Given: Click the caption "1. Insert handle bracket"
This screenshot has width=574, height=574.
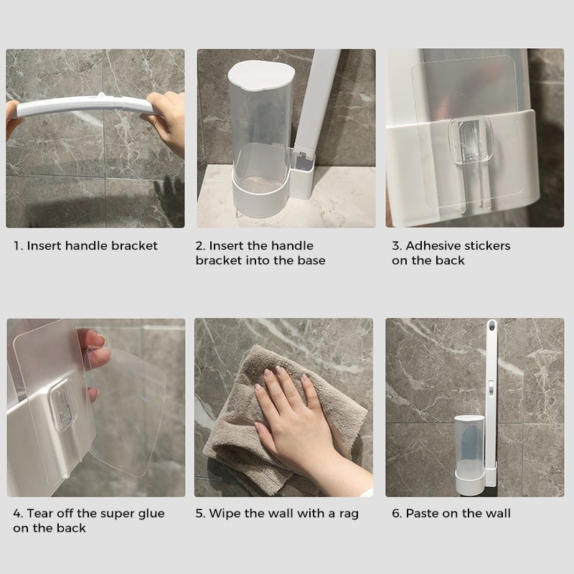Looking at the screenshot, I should [x=85, y=246].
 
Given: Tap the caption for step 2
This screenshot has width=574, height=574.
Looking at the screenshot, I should [x=260, y=253].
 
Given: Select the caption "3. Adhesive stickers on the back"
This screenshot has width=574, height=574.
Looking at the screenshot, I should [x=451, y=253].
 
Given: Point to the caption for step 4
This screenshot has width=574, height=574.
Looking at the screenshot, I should [x=88, y=520].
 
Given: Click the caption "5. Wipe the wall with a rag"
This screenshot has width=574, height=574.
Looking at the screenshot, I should [x=277, y=514].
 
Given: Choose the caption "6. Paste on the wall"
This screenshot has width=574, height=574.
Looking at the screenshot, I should [x=451, y=514].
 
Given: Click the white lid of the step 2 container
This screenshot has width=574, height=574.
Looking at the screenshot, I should [x=260, y=74].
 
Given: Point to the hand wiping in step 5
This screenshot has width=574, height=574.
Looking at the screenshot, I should [x=294, y=416].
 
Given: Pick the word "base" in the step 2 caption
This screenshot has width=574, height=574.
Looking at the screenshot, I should [x=310, y=260].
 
